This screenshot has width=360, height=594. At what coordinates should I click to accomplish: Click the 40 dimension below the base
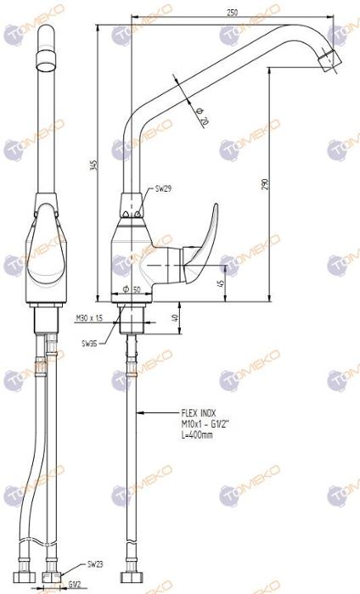point(175,317)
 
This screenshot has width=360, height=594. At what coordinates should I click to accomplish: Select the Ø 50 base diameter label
point(131,290)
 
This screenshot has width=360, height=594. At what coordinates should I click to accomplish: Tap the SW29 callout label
point(164,190)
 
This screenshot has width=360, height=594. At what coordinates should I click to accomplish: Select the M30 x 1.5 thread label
point(88,317)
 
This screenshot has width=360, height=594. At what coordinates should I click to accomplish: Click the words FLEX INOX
point(198,413)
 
